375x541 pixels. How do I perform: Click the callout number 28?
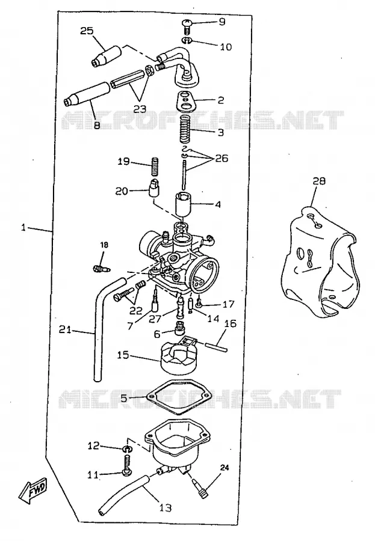click(x=319, y=181)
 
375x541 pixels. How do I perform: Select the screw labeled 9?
click(x=187, y=26)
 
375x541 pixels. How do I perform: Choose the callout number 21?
click(x=65, y=330)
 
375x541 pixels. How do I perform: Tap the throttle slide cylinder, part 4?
click(x=182, y=204)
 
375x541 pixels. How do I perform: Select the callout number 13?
click(x=165, y=507)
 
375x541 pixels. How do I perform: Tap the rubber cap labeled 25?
click(x=107, y=55)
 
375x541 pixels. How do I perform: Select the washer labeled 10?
click(x=187, y=41)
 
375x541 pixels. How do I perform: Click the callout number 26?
click(x=222, y=158)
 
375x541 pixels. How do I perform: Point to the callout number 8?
click(x=96, y=124)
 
